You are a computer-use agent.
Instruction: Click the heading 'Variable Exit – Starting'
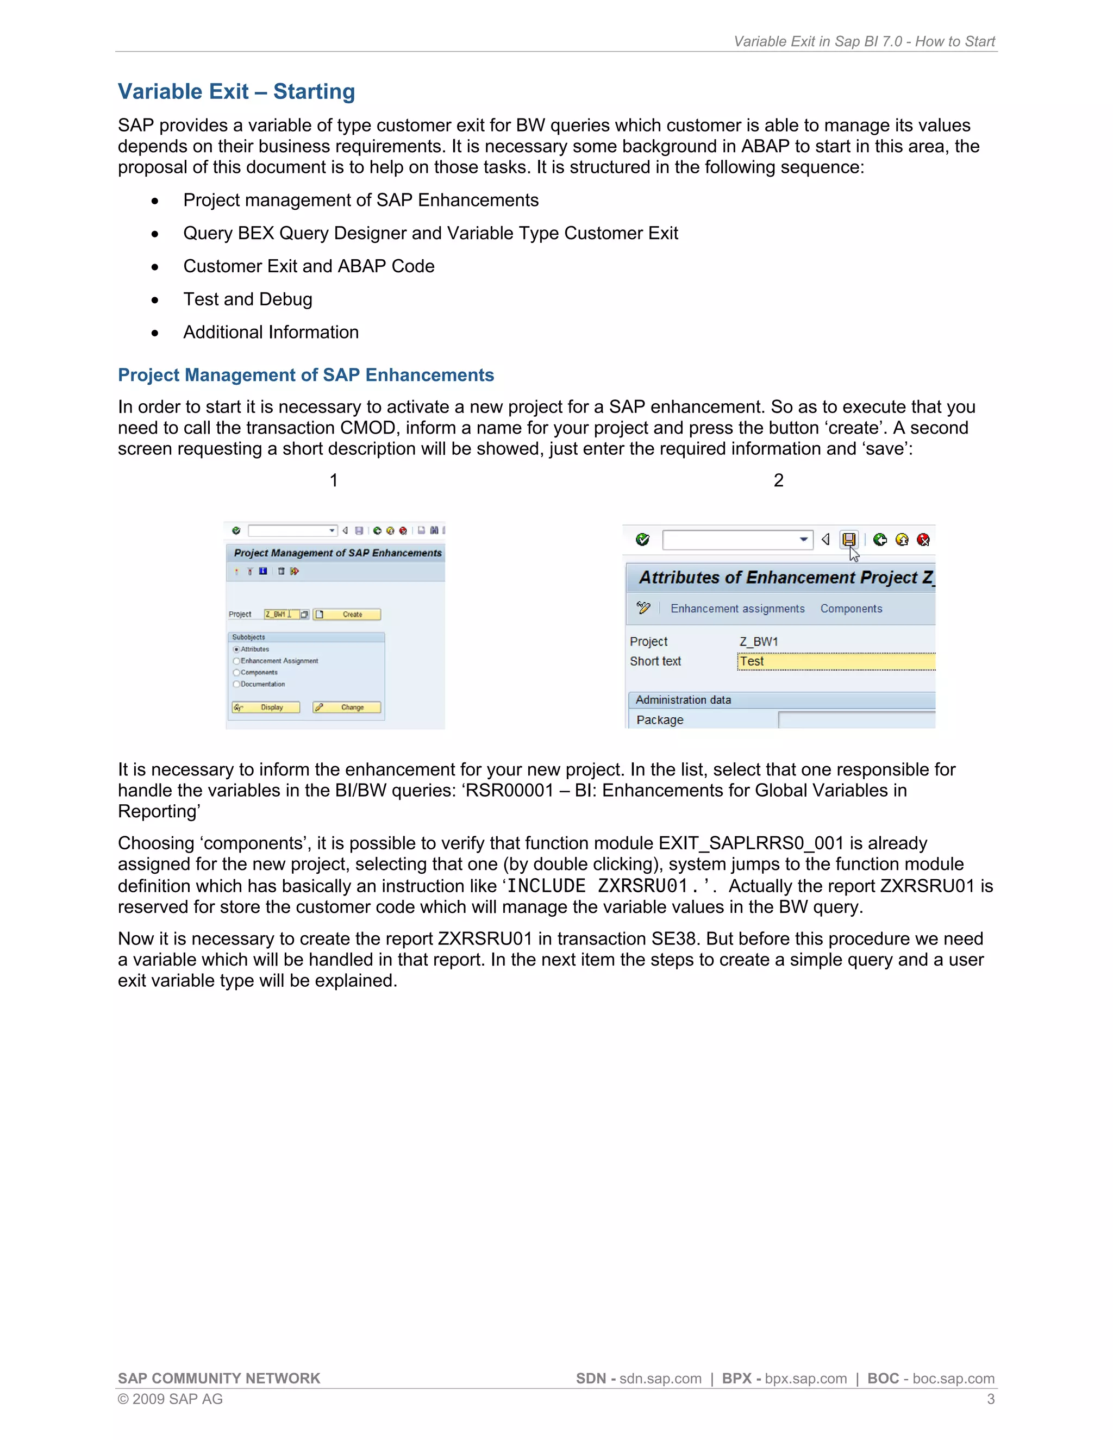point(236,92)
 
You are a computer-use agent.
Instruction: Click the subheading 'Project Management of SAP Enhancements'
point(306,374)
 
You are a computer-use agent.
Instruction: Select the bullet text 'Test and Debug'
point(247,299)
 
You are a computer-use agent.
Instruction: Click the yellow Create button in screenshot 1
point(347,615)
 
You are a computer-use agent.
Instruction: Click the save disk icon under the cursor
point(848,540)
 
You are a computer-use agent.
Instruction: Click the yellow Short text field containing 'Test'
point(835,661)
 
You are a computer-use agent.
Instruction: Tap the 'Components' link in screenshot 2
point(851,609)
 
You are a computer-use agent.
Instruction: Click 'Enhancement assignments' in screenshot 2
point(737,609)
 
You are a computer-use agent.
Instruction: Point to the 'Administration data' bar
point(781,699)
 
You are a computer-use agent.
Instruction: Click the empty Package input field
point(856,720)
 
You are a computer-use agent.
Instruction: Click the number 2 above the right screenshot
point(778,481)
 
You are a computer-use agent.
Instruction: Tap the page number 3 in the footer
point(990,1399)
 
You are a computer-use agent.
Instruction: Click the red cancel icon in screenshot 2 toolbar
point(923,540)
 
